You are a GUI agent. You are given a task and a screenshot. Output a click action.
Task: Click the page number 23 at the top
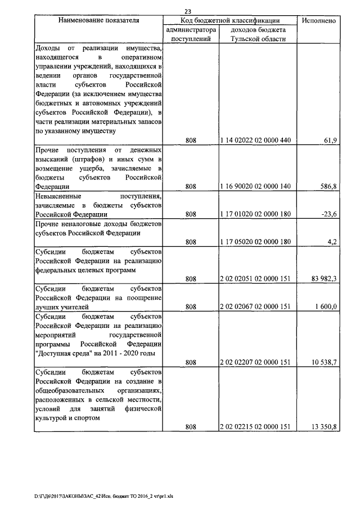[188, 10]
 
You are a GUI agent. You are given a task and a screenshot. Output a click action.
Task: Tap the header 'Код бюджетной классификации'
[230, 20]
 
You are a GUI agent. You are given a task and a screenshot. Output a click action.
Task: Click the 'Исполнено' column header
[319, 20]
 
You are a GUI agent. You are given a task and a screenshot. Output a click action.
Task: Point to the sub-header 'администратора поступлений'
[191, 34]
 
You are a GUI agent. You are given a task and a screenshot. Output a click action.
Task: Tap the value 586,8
[328, 186]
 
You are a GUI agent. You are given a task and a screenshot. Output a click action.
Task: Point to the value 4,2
[332, 242]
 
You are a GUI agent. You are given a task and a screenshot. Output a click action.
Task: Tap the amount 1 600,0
[325, 307]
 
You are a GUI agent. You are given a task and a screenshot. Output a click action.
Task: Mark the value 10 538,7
[323, 362]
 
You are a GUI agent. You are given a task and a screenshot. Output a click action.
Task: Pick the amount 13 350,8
[323, 427]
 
